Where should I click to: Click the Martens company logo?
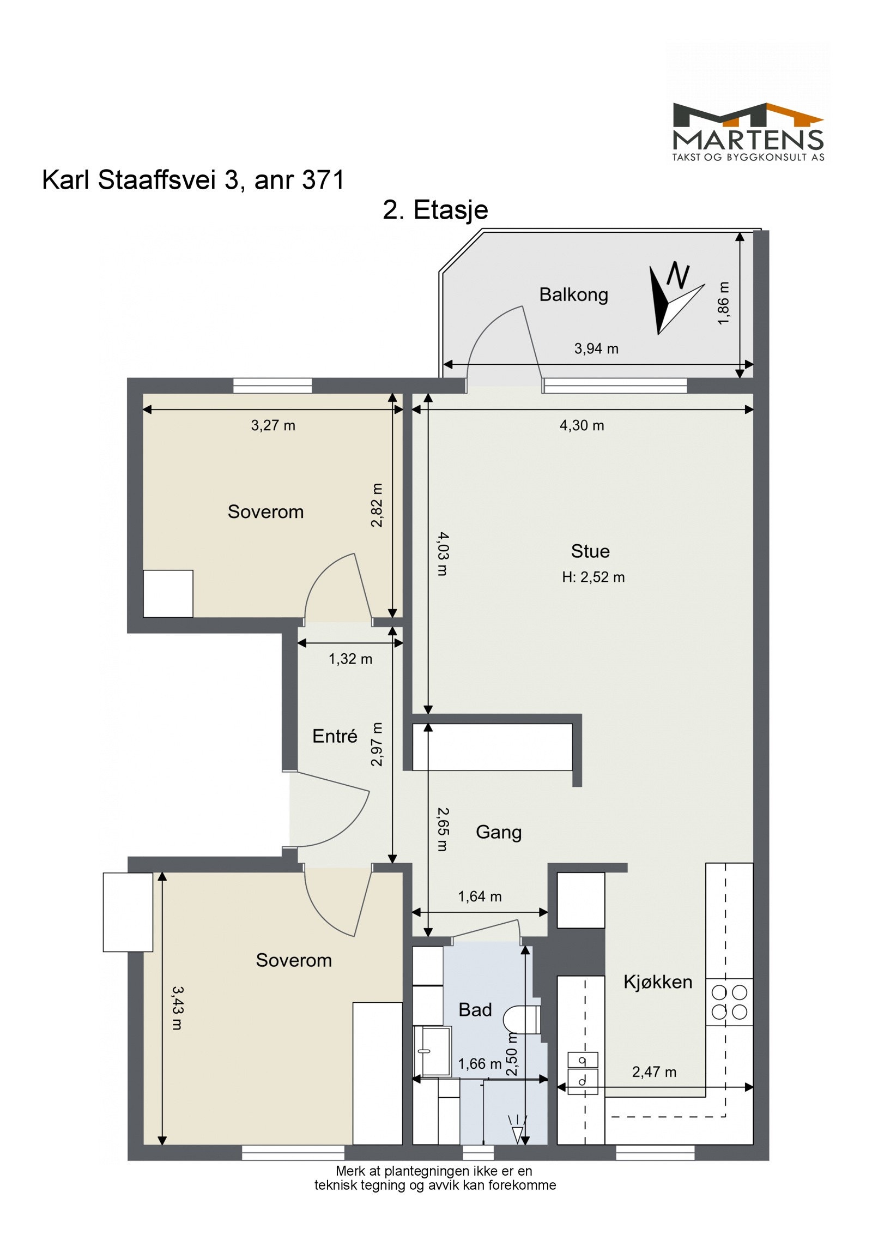coord(748,131)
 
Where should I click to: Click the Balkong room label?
coord(573,294)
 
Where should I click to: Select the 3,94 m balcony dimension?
coord(596,348)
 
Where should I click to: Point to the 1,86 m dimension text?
coord(723,303)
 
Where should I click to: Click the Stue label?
coord(590,551)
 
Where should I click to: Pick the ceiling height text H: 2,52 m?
coord(594,577)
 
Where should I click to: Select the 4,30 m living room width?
coord(582,425)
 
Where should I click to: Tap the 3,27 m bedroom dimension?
coord(273,425)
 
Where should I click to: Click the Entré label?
coord(335,736)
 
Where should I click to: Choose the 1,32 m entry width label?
coord(350,659)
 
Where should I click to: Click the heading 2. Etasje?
coord(435,210)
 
